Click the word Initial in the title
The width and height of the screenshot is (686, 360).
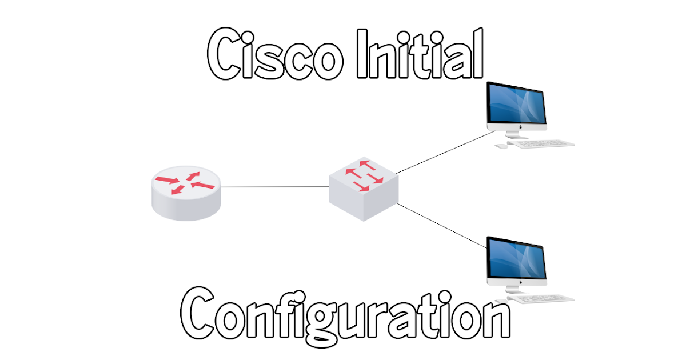pos(420,55)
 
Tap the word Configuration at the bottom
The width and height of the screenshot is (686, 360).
pos(345,314)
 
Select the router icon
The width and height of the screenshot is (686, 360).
pos(185,194)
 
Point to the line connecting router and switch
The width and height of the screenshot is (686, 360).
pos(274,187)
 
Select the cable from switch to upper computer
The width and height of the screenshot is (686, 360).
pos(446,152)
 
